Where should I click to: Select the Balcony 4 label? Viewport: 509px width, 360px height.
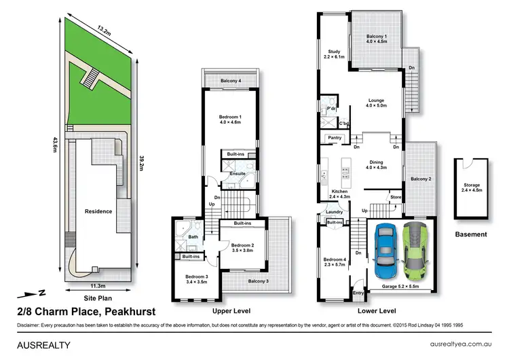point(231,82)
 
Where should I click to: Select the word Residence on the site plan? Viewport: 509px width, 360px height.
point(98,211)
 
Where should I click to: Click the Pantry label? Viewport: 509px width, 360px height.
point(334,138)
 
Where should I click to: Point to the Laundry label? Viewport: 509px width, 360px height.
point(334,212)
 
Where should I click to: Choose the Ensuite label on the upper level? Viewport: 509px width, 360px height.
point(237,174)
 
